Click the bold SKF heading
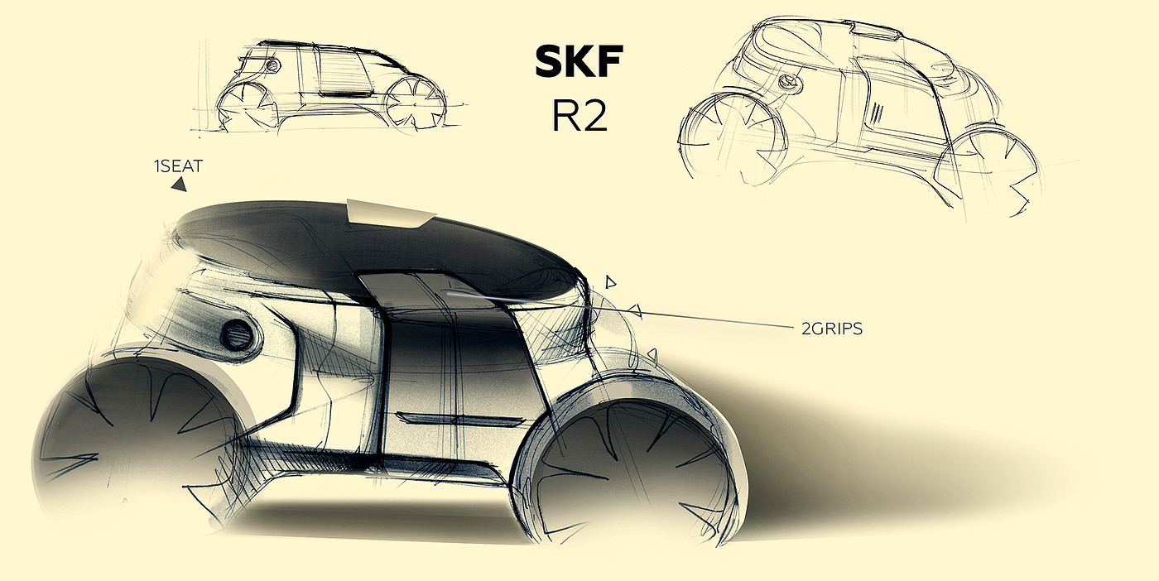tap(578, 63)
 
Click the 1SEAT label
tap(178, 167)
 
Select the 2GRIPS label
tap(832, 329)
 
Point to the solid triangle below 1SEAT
tap(178, 187)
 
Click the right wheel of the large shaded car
tap(633, 472)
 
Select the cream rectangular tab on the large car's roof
tap(389, 213)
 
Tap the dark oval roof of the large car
tap(373, 248)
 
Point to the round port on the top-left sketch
tap(272, 65)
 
